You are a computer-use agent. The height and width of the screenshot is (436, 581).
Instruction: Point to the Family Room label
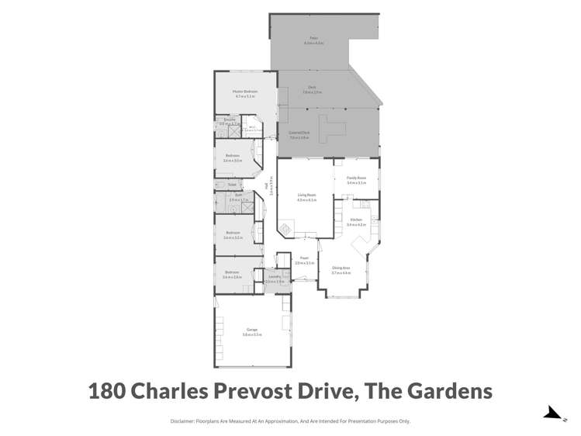(x=357, y=178)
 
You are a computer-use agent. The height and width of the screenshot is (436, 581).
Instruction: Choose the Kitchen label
(x=356, y=220)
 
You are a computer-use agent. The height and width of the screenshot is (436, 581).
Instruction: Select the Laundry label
(x=274, y=277)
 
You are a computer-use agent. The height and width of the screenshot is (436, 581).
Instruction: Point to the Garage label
(x=252, y=330)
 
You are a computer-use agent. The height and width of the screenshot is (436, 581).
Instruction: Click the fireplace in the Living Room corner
(x=287, y=228)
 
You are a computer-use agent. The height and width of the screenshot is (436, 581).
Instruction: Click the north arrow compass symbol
(x=553, y=414)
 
